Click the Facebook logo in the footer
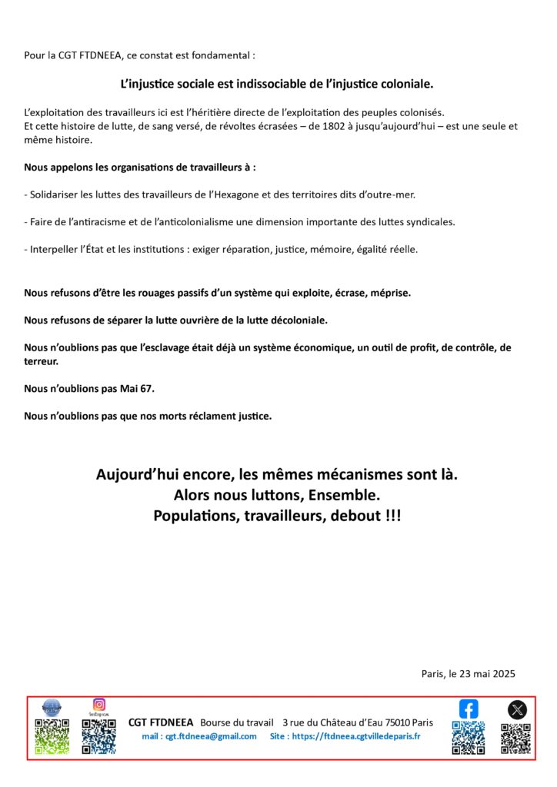coord(469,709)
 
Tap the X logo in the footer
coord(517,709)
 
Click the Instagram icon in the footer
coord(98,704)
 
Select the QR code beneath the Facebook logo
coord(468,738)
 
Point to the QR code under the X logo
coord(516,738)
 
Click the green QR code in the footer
coord(52,736)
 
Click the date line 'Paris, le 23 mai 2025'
coord(468,673)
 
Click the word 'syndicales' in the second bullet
coord(428,222)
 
